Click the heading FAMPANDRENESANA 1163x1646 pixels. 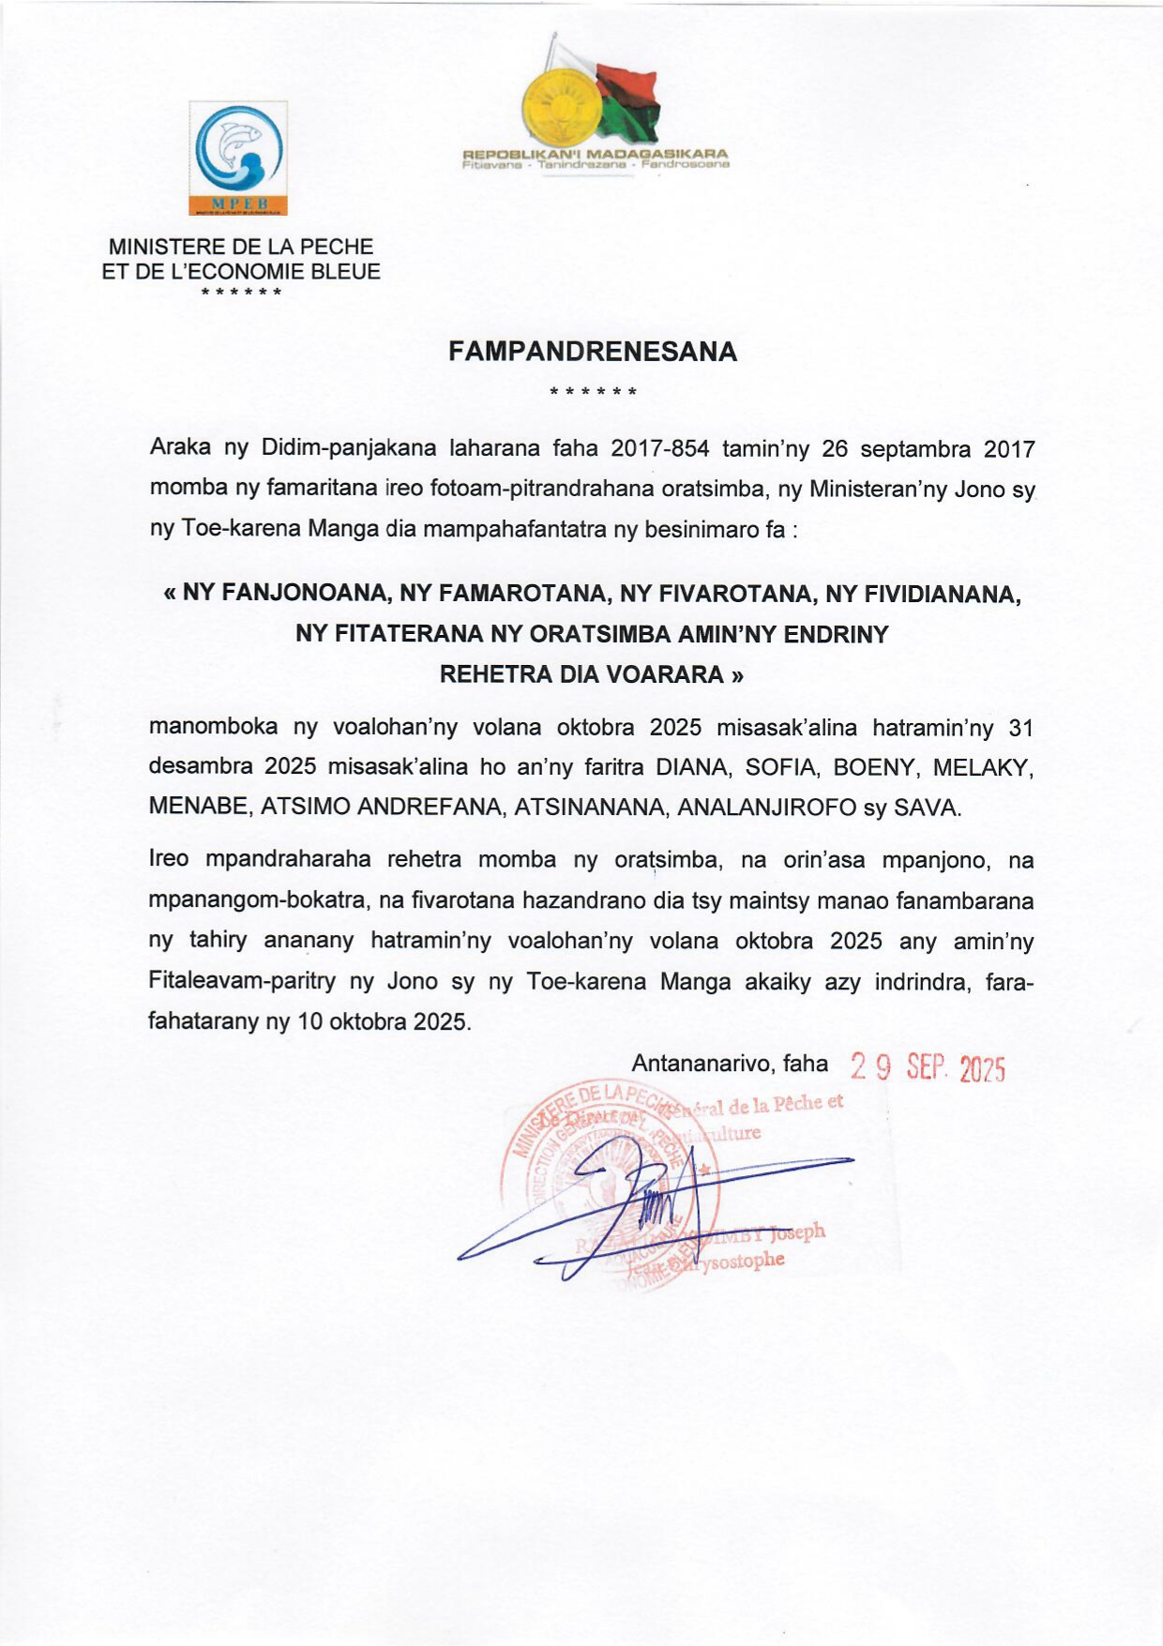tap(592, 352)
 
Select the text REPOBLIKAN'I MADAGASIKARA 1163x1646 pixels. tap(596, 154)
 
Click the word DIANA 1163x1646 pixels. tap(692, 767)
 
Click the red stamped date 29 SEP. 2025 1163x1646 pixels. tap(928, 1067)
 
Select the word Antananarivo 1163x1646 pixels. tap(703, 1064)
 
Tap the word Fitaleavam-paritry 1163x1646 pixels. tap(242, 982)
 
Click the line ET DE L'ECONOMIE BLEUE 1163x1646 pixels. tap(241, 272)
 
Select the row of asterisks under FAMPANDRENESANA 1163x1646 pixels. tap(593, 390)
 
